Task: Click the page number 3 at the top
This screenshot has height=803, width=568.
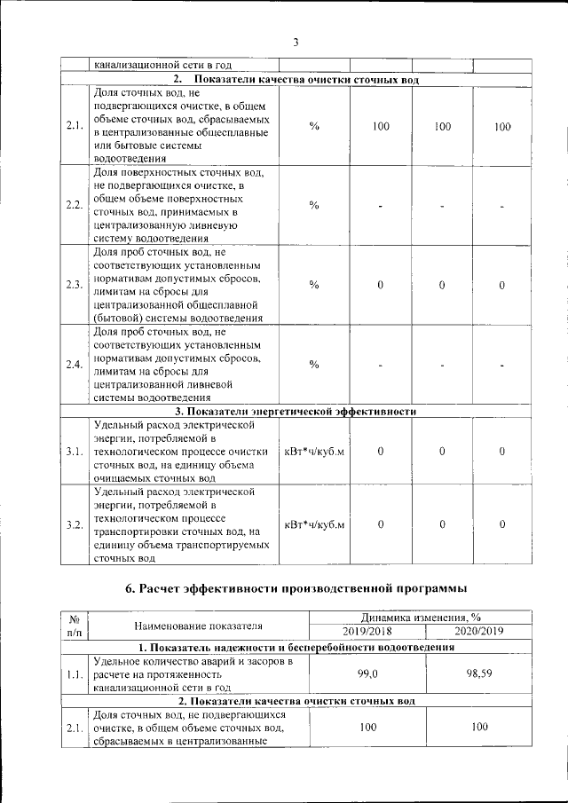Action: tap(296, 41)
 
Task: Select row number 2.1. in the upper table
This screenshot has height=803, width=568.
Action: tap(75, 126)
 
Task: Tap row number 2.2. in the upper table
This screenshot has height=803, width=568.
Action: tap(75, 206)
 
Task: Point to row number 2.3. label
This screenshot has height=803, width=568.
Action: tap(75, 285)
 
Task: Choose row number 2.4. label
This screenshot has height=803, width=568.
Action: tap(75, 366)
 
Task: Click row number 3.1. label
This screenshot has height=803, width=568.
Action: tap(75, 452)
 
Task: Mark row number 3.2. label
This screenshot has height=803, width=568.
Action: tap(75, 524)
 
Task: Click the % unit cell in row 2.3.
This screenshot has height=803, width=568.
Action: tap(314, 285)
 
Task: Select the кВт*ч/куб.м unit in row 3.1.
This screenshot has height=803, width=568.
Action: tap(314, 452)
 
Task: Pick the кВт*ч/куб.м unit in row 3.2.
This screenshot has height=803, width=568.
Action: tap(314, 524)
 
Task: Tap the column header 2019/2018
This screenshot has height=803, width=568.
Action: tap(367, 631)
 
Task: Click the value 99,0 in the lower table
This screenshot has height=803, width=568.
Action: tap(367, 674)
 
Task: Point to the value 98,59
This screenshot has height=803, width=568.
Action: tap(478, 674)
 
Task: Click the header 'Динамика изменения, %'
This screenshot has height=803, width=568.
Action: tap(422, 618)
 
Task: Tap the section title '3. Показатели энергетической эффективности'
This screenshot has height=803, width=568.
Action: tap(296, 412)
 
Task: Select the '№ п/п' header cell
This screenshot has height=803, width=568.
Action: tap(75, 625)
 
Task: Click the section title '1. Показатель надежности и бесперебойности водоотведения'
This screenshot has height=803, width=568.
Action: tap(296, 647)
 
